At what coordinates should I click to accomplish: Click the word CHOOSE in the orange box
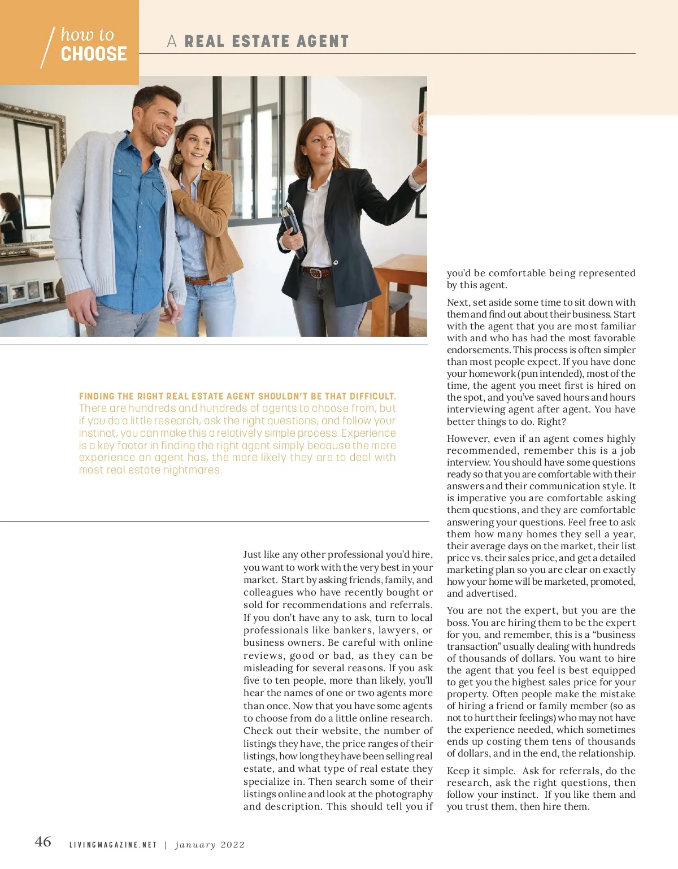[94, 54]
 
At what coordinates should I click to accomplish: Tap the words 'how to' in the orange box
[87, 34]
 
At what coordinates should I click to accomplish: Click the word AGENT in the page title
[323, 41]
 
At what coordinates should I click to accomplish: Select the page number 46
[43, 842]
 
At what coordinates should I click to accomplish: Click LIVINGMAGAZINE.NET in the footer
[113, 845]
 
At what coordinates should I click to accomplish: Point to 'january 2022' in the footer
[210, 845]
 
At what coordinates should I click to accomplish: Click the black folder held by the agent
[293, 226]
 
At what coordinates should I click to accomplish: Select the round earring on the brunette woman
[179, 159]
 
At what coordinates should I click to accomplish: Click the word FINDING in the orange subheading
[97, 397]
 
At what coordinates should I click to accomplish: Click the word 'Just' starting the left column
[253, 555]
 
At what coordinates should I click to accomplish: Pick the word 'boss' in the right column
[457, 623]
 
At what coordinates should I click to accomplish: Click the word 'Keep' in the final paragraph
[458, 771]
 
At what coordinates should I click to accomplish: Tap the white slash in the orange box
[47, 48]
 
